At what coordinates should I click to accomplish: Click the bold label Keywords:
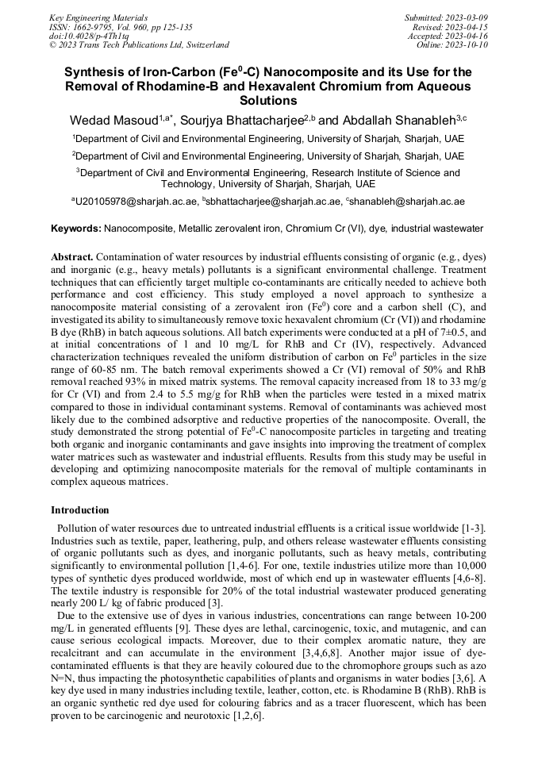point(75,229)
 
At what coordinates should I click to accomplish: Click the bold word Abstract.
point(72,258)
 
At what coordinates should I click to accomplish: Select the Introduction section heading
point(80,509)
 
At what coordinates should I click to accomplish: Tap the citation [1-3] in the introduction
point(472,528)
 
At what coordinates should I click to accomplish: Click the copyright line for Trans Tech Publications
point(139,45)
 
